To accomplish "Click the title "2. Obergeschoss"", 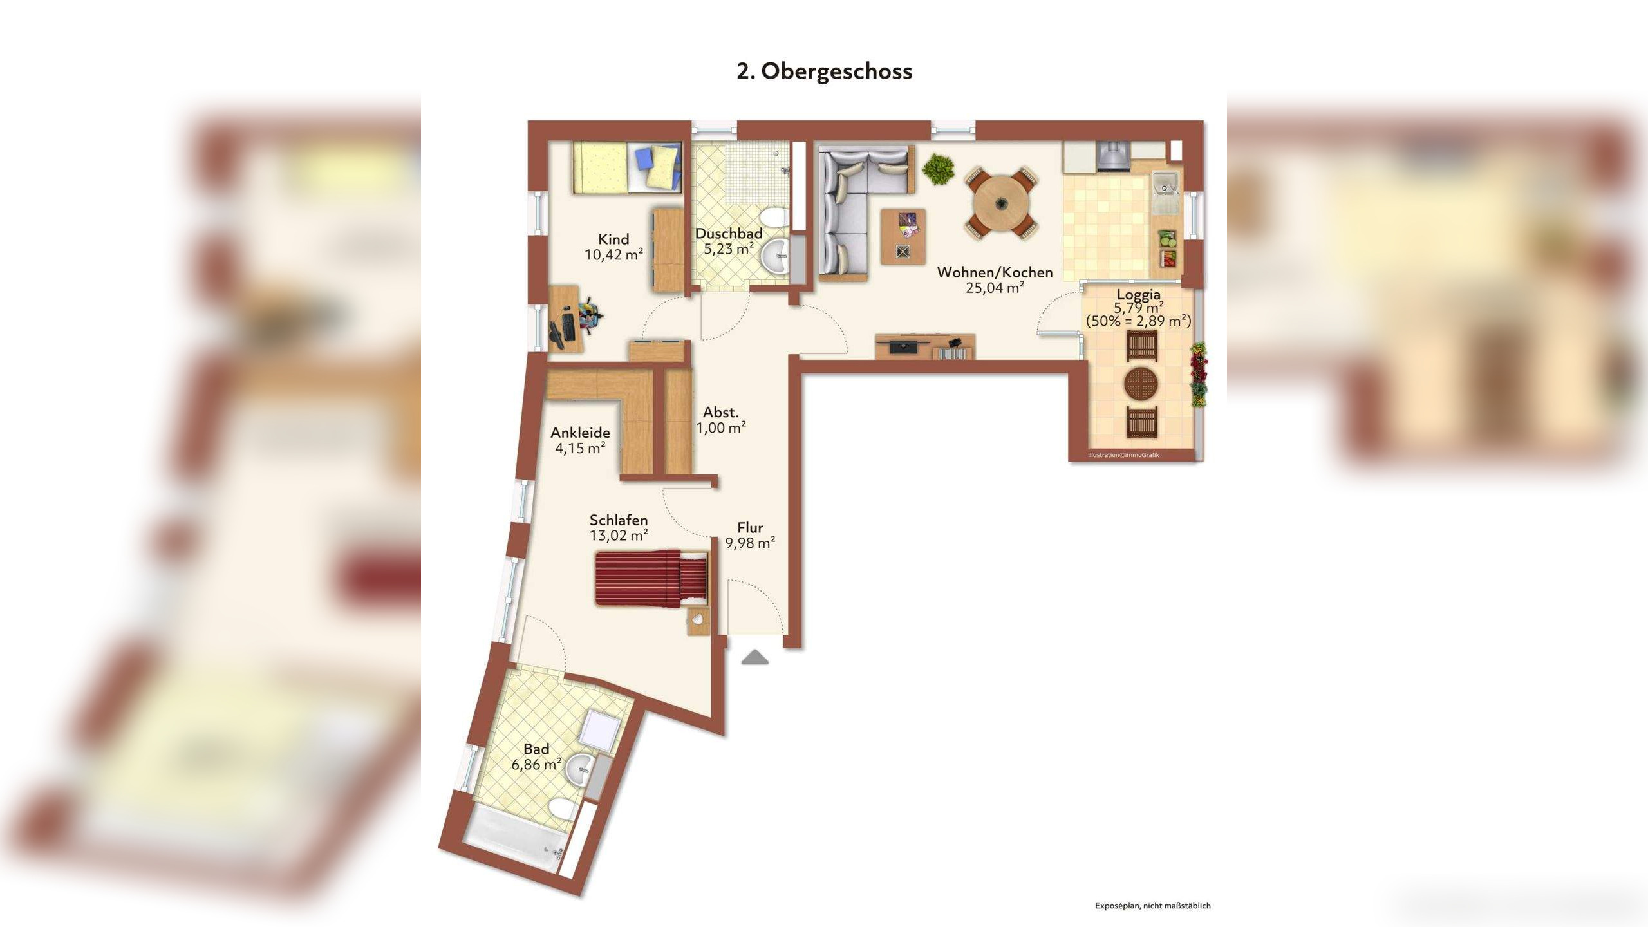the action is click(824, 71).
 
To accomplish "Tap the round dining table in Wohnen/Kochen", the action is click(1001, 204).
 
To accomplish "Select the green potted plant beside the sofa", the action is click(939, 169).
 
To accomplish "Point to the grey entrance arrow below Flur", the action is click(755, 657).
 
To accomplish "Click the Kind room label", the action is click(613, 239).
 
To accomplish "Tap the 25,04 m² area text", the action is click(995, 288).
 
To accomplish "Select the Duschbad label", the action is click(729, 234).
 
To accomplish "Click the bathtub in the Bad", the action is click(516, 839).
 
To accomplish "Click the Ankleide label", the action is click(580, 433).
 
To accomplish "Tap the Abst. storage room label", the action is click(720, 412).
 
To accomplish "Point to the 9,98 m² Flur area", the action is click(750, 543).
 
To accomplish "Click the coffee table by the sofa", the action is click(903, 236).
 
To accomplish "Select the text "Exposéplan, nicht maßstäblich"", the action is click(1152, 905).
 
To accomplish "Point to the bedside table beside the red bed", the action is click(698, 620).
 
